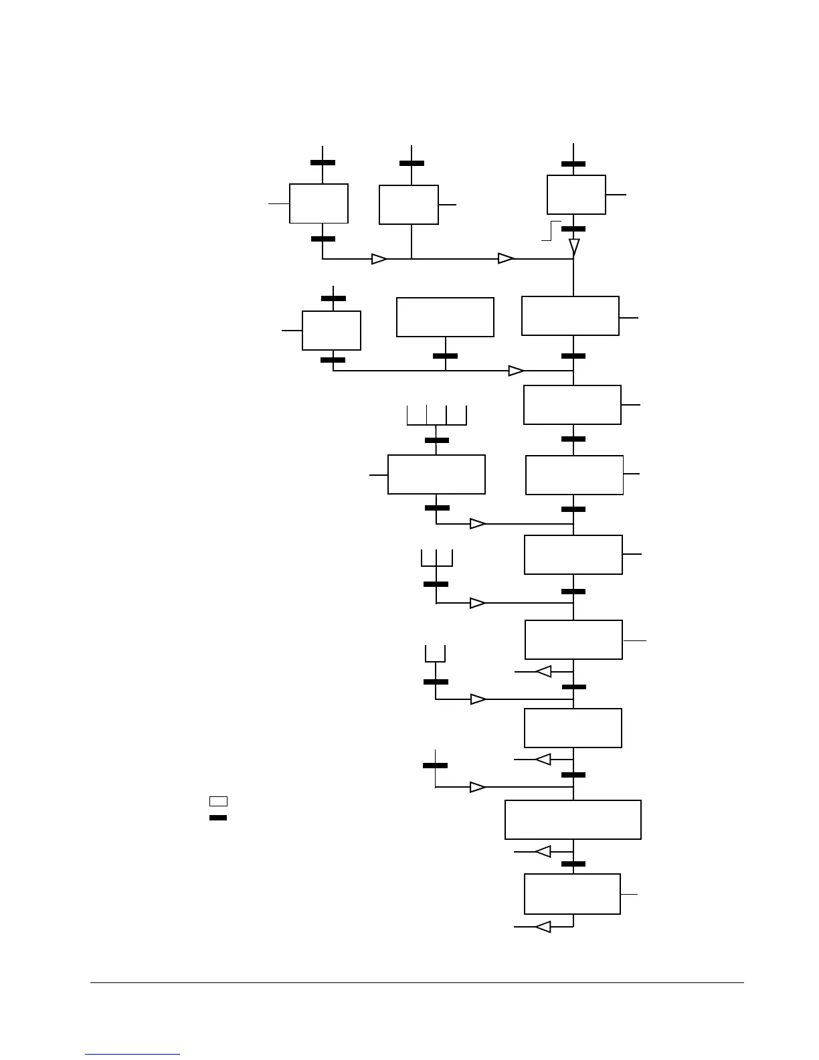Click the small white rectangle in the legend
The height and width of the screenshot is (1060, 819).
tap(218, 801)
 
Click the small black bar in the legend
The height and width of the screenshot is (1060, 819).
tap(218, 818)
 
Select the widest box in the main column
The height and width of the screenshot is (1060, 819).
tap(573, 820)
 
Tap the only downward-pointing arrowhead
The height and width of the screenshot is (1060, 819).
tap(574, 248)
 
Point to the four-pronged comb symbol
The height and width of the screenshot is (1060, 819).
tap(436, 416)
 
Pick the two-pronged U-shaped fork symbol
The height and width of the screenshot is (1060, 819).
tap(436, 654)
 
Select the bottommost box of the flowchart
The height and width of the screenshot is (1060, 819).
tap(572, 893)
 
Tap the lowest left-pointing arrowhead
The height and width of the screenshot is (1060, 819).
tap(543, 927)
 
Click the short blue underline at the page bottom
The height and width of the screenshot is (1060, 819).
tap(132, 1054)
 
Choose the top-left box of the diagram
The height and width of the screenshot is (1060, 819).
tap(318, 203)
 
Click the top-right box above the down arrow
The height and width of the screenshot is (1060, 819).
tap(576, 195)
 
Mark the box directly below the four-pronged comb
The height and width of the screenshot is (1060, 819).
tap(436, 474)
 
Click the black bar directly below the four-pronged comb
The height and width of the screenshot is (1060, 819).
tap(437, 440)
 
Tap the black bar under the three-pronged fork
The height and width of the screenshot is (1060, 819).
tap(436, 584)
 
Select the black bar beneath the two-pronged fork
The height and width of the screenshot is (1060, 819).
tap(436, 682)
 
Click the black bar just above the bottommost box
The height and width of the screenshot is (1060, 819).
tap(573, 864)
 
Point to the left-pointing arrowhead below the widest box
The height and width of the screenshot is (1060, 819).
tap(543, 851)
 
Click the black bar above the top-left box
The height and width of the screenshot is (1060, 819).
tap(323, 163)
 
